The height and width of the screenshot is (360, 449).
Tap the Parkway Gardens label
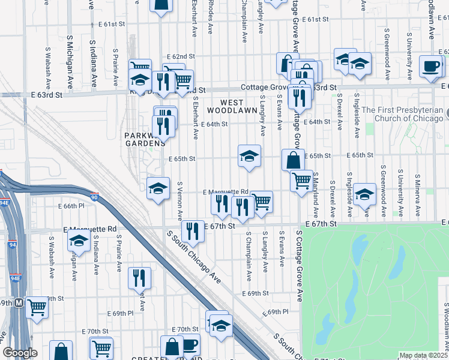coord(145,139)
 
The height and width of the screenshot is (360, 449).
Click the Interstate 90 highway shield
coord(95,197)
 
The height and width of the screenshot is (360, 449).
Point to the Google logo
coord(20,353)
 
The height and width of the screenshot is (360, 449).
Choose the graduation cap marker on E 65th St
coord(249,157)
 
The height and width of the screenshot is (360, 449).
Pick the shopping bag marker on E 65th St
coord(293,160)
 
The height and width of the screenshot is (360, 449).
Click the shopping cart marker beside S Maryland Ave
coord(301,180)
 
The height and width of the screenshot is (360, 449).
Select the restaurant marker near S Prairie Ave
coord(139,278)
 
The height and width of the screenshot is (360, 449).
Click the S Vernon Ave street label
coord(179,202)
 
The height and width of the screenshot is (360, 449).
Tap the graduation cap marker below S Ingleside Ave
coord(364,195)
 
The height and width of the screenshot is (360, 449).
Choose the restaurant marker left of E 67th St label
coord(193,230)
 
